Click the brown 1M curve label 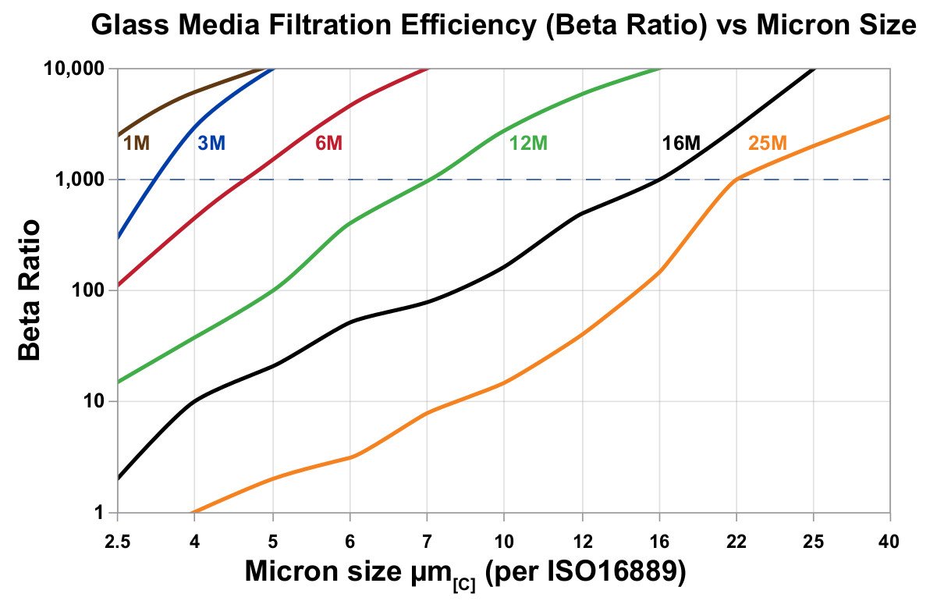[x=137, y=143]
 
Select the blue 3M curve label [x=211, y=143]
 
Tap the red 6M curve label [x=328, y=143]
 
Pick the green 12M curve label [x=528, y=143]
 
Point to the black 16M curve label [x=681, y=143]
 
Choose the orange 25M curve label [x=768, y=143]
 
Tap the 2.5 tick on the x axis [x=117, y=539]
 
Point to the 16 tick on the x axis [x=658, y=539]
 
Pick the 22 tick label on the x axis [x=736, y=539]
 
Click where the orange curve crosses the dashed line [x=736, y=180]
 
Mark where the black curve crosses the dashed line [x=659, y=180]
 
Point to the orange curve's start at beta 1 [x=193, y=512]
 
